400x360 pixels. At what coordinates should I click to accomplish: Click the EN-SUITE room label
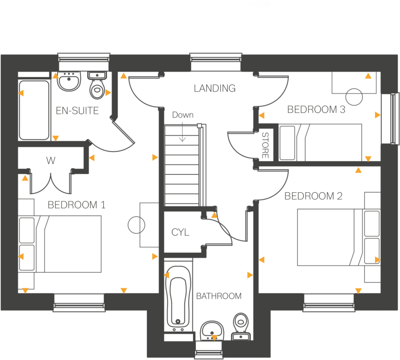pos(77,111)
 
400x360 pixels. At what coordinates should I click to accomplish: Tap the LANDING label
pos(215,88)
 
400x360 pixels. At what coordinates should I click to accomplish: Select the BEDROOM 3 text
pos(316,110)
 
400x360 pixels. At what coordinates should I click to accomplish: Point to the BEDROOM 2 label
pos(314,196)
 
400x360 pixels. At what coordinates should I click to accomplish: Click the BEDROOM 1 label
pos(77,205)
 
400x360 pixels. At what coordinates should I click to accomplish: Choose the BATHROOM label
pos(219,296)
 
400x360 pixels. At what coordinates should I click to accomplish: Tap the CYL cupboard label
pos(180,232)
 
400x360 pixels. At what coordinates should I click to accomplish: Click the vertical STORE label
pos(265,145)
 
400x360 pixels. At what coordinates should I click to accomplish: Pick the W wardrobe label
pos(51,161)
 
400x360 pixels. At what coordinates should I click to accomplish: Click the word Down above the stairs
pos(182,115)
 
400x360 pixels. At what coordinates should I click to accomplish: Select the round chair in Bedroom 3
pos(354,96)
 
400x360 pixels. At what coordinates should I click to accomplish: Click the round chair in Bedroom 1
pos(137,225)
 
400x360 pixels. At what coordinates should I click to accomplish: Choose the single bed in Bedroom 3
pos(322,142)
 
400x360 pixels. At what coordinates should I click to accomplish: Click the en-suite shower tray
pos(34,110)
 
